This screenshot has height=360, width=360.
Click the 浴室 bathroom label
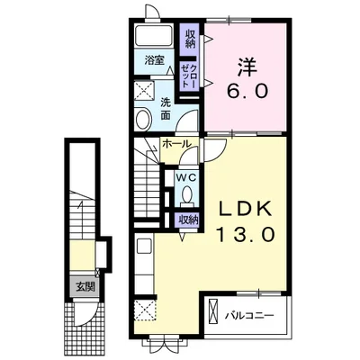[x=155, y=60]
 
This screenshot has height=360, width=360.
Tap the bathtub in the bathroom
[x=154, y=36]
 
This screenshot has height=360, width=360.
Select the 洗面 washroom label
[x=166, y=109]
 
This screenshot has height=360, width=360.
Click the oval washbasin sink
[x=144, y=120]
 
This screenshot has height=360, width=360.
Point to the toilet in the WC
[x=187, y=196]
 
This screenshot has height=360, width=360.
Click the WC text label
[x=186, y=177]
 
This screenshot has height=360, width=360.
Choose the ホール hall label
[x=176, y=144]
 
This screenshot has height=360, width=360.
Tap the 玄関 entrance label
[x=85, y=287]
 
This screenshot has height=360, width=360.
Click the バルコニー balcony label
[x=250, y=316]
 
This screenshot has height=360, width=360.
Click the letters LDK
[x=245, y=209]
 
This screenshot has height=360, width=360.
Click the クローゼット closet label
[x=188, y=76]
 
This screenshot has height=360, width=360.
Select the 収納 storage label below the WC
[x=189, y=220]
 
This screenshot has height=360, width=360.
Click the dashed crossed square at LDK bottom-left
[x=145, y=310]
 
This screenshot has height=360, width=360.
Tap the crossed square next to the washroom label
[x=143, y=91]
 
